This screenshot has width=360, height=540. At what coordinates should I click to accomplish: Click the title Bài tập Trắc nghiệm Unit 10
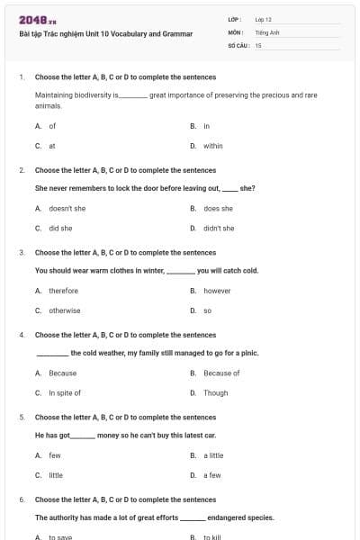(106, 33)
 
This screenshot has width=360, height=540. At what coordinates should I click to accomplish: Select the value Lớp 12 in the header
(263, 19)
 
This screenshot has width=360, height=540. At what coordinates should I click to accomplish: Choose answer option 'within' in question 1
(212, 145)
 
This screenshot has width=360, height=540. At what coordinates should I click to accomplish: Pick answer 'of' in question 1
(52, 126)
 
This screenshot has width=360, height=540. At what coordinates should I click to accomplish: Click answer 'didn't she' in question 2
(219, 228)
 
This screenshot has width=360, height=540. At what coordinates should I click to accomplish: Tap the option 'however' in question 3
(217, 291)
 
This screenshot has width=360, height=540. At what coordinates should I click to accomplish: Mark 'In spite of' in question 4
(65, 392)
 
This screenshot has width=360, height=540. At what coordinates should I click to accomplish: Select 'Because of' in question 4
(221, 373)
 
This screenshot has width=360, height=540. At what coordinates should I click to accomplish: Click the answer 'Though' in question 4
(215, 392)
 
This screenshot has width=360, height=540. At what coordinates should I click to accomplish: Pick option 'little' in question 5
(56, 474)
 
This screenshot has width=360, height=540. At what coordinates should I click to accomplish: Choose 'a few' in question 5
(211, 474)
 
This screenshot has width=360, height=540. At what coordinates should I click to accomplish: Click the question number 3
(22, 252)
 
